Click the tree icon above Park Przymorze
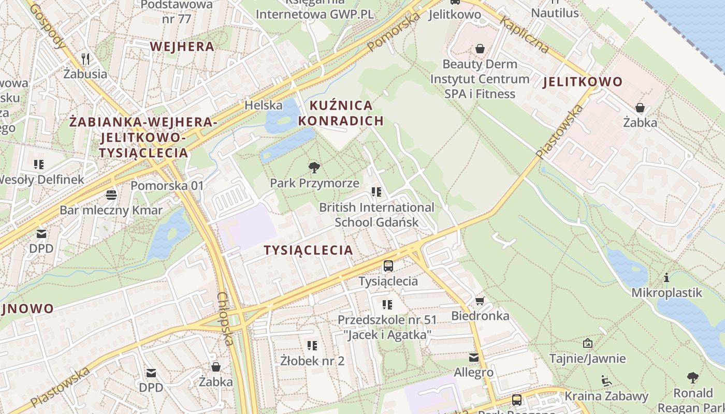(314, 167)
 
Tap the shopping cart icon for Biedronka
(480, 301)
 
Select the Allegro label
(473, 372)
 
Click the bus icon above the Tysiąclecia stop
(388, 266)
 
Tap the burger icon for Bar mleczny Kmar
(111, 195)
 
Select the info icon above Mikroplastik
(666, 278)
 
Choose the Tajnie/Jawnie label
(587, 358)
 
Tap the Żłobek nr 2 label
(312, 360)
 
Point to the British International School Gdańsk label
(376, 215)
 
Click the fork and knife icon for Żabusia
(85, 58)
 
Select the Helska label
(264, 106)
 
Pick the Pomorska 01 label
(167, 185)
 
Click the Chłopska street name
(226, 319)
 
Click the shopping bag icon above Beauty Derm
(480, 49)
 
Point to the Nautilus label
(555, 13)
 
